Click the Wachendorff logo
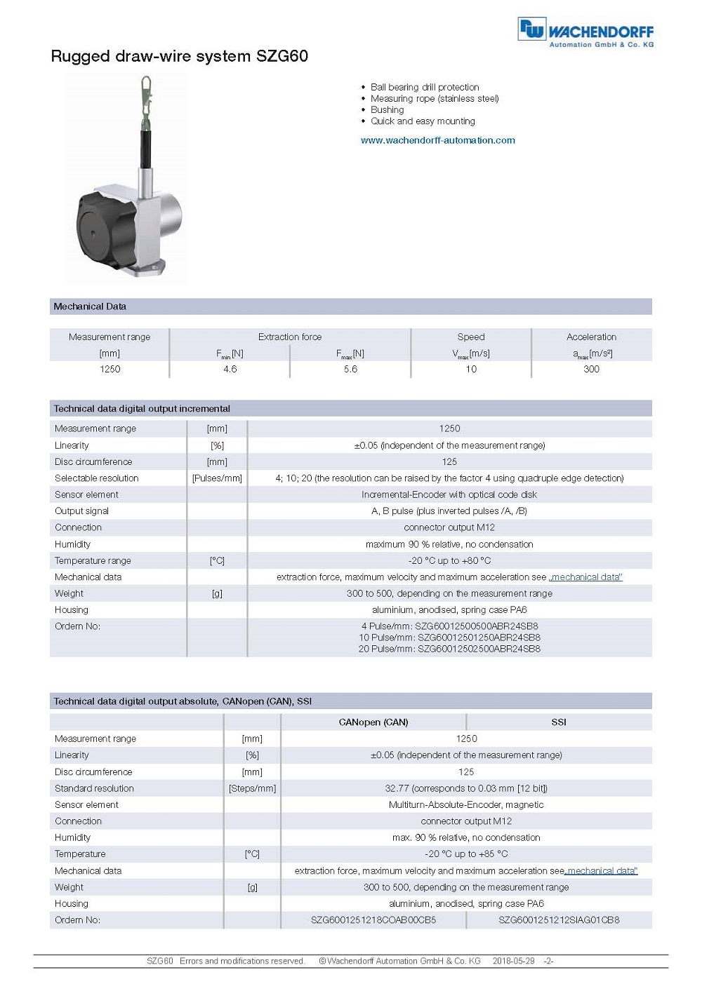point(585,32)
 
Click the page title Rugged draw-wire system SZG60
point(179,56)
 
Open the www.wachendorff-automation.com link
point(437,140)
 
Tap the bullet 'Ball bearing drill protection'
point(424,87)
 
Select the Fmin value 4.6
point(230,369)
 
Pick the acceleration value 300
point(591,369)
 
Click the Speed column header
point(470,337)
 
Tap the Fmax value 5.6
point(350,369)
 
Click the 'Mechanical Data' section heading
point(90,306)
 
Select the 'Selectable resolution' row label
point(97,478)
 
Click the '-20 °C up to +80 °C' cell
point(449,560)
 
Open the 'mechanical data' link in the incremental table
point(586,577)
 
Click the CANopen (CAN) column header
point(373,722)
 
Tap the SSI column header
point(558,722)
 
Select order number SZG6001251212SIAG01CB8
point(559,919)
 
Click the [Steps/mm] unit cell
point(252,788)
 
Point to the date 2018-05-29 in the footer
point(513,961)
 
